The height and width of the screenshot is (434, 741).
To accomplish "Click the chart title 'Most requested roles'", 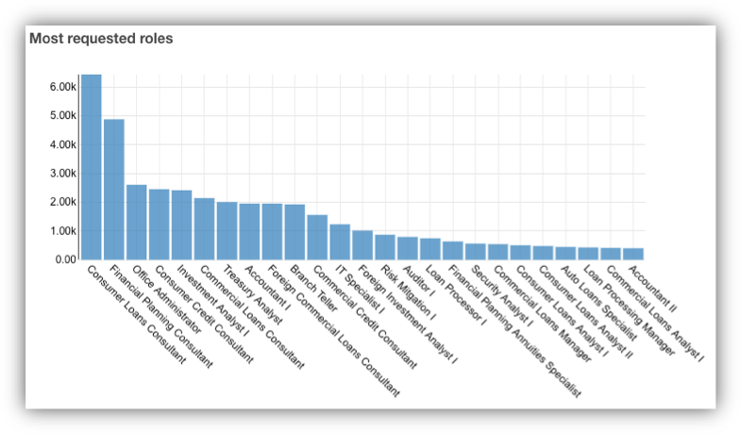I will click(101, 40).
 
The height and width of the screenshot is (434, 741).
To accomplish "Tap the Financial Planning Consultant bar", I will click(113, 189).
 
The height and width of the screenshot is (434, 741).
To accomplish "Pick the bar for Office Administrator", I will click(136, 222).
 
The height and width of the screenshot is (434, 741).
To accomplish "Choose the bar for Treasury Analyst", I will click(227, 230).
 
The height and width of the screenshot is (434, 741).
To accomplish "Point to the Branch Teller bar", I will click(295, 232).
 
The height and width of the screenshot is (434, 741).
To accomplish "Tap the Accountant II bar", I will click(633, 254).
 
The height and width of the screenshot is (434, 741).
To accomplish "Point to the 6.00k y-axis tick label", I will click(62, 87).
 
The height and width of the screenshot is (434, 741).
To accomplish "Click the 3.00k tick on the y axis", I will click(62, 174).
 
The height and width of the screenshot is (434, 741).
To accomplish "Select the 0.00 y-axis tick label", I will click(65, 259).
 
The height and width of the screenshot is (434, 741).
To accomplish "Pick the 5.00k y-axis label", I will click(62, 116).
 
